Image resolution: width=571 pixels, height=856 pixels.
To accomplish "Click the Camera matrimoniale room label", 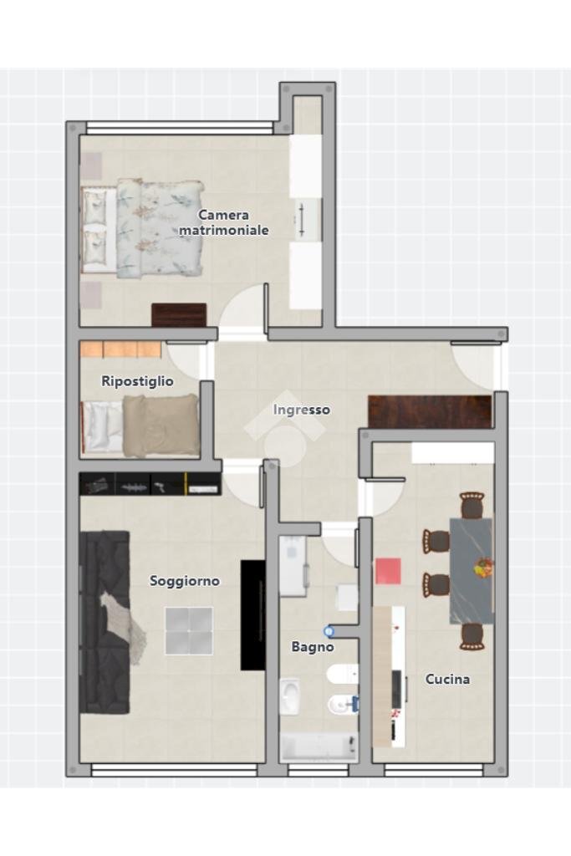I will [223, 222].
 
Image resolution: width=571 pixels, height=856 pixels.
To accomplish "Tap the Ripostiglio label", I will [137, 381].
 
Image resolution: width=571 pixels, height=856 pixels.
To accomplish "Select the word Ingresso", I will [301, 410].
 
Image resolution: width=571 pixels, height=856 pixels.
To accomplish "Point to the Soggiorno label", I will [185, 580].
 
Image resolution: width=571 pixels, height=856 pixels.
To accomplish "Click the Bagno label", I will [312, 646].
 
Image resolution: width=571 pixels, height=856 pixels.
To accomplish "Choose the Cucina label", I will [447, 679].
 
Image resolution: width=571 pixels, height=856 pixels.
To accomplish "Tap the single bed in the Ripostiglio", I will [140, 425].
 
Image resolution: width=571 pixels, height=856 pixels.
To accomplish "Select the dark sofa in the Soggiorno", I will [104, 622].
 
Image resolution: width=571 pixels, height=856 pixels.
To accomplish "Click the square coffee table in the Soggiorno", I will [188, 630].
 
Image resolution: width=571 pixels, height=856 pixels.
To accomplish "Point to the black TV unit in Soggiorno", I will [252, 614].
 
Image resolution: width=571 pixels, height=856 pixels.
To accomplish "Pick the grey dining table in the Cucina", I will [471, 570].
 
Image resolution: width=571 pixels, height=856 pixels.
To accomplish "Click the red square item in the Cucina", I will [388, 571].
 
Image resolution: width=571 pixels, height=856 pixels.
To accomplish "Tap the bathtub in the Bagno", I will [318, 746].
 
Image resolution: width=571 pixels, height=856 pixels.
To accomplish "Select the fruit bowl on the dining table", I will [483, 568].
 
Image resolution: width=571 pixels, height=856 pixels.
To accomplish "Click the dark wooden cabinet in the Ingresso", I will [429, 411].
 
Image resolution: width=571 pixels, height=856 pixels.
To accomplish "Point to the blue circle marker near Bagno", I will [329, 632].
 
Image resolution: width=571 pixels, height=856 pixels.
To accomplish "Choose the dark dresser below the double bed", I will [178, 314].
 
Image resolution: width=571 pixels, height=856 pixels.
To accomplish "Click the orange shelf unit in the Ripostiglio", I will [120, 349].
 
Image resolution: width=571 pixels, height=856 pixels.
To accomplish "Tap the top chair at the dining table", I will [472, 505].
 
